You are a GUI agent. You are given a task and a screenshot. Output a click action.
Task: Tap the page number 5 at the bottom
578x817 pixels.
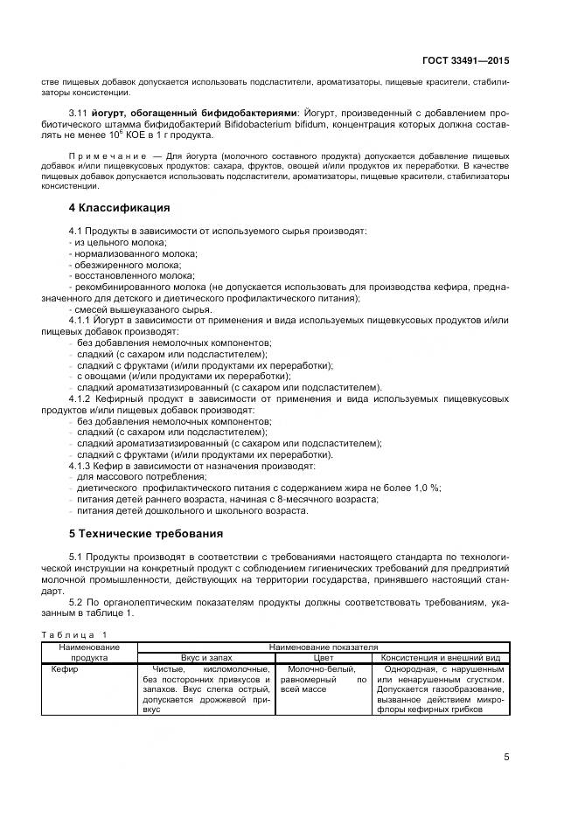coord(506,757)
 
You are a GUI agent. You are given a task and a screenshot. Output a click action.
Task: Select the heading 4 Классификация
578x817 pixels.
coord(119,208)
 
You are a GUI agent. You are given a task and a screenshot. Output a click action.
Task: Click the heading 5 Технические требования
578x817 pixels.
coord(146,533)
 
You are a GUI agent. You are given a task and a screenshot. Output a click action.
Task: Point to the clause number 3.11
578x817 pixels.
coord(80,114)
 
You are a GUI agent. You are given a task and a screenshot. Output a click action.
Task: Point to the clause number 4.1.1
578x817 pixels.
coord(81,321)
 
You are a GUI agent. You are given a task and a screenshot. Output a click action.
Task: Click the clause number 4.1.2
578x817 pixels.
coord(81,398)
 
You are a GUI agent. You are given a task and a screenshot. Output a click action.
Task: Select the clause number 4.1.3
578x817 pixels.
coord(81,466)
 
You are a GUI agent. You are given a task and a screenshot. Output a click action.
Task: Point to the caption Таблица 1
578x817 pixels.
coord(73,634)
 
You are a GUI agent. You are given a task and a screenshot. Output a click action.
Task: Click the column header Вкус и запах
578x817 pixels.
coord(207,656)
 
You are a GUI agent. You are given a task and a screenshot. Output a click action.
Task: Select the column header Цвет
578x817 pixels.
coord(323,656)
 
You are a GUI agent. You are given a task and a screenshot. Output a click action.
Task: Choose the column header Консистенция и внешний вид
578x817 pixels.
coord(439,656)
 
